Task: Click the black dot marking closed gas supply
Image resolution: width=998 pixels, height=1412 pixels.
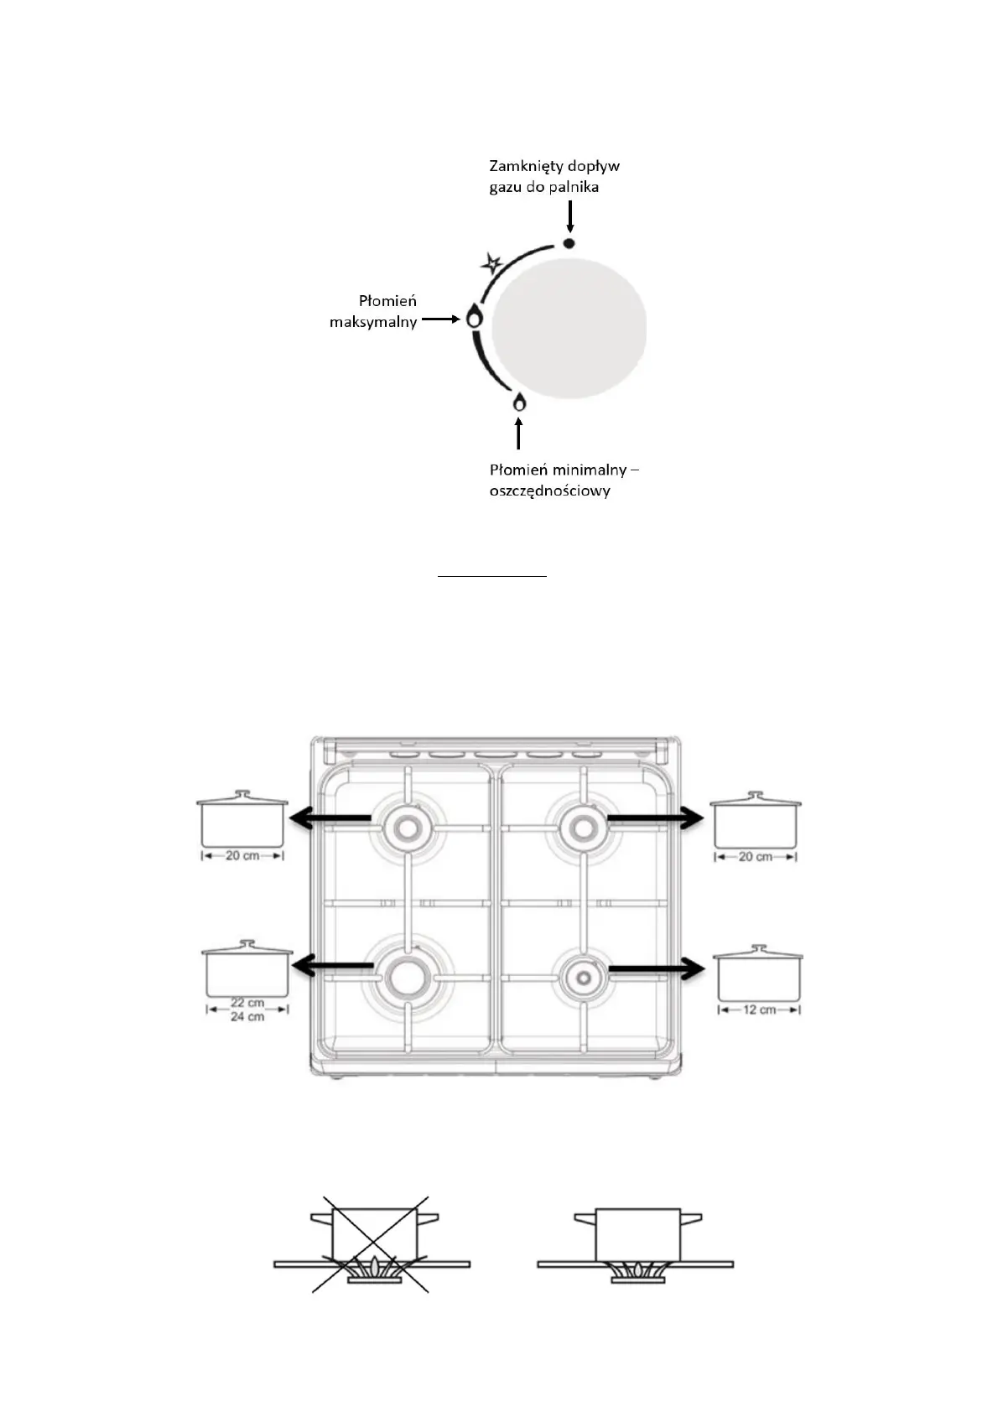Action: (x=569, y=243)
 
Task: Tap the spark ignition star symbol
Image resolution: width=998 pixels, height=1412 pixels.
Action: (x=491, y=264)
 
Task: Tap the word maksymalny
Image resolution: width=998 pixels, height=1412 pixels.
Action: (x=373, y=322)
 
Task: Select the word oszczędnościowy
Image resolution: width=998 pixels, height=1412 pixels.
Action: (x=549, y=491)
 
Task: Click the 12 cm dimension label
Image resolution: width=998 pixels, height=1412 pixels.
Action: (x=759, y=1010)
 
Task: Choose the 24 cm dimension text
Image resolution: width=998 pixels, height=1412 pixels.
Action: (x=247, y=1017)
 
